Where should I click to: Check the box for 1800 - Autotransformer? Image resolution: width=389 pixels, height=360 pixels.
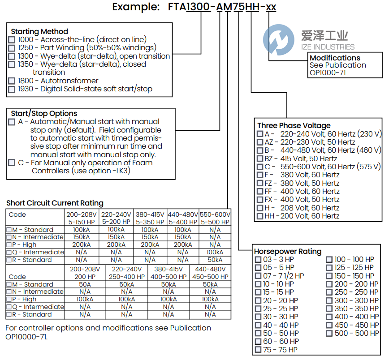[12, 81]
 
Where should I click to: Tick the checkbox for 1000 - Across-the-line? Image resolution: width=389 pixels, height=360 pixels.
[12, 40]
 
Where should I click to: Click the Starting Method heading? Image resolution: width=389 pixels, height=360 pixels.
[39, 31]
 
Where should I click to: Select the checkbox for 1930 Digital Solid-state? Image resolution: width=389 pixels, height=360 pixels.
[12, 89]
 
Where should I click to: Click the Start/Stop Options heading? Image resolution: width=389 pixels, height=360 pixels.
[44, 113]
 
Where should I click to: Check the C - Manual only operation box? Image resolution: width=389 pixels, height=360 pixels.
[12, 163]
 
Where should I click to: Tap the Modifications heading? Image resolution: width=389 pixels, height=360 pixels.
[335, 58]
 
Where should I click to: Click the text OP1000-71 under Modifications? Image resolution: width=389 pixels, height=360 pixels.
[328, 73]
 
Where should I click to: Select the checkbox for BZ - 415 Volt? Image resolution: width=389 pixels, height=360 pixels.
[260, 159]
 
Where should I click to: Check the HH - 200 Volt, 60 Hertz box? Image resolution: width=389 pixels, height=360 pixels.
[260, 216]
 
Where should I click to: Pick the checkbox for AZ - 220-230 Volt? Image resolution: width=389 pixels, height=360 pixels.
[260, 142]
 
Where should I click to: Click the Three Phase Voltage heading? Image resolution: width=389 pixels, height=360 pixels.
[294, 125]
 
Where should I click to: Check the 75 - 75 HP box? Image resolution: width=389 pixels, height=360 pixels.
[258, 350]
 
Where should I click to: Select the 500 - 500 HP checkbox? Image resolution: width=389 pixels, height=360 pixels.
[329, 333]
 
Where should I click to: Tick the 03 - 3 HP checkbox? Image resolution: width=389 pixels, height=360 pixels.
[258, 259]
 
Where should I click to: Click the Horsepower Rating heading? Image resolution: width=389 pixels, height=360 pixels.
[288, 251]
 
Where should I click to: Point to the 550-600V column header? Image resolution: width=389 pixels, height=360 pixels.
[215, 214]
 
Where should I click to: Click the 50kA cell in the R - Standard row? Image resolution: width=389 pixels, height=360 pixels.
[215, 260]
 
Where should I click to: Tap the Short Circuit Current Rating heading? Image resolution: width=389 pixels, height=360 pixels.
[55, 203]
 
